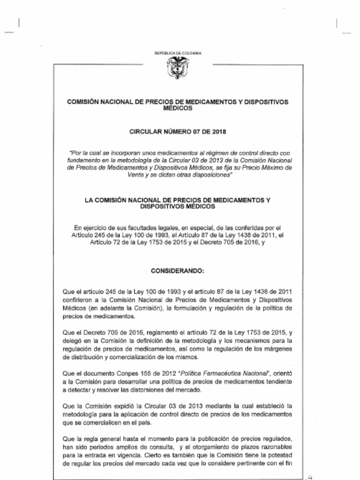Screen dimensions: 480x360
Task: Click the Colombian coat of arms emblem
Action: click(x=178, y=68)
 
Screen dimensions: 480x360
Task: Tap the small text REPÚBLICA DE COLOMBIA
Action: click(x=178, y=53)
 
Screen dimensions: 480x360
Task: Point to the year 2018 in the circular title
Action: click(x=219, y=132)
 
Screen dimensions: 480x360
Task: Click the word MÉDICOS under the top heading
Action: click(x=178, y=108)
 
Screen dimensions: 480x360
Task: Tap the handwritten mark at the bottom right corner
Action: click(x=309, y=476)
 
